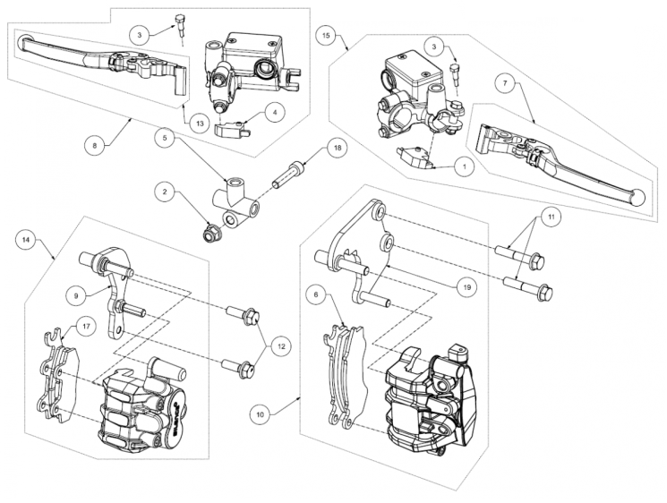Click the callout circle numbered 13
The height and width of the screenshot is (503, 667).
(x=200, y=124)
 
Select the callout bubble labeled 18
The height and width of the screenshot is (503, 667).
(x=338, y=148)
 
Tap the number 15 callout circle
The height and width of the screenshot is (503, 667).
(x=326, y=35)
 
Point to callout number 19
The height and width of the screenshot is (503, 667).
(x=467, y=287)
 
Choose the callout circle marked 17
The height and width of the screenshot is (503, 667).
(x=86, y=327)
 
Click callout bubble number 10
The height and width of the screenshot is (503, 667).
(x=261, y=414)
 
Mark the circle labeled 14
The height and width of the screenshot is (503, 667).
(x=26, y=240)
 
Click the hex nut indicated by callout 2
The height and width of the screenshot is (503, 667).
(x=210, y=232)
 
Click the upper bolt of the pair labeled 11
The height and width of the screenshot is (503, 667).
(x=519, y=257)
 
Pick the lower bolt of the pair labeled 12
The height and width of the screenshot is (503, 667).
(x=239, y=368)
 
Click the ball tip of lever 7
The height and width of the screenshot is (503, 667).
(x=637, y=198)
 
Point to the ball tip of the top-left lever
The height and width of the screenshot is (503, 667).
(x=25, y=42)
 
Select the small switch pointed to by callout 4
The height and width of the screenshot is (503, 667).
(x=231, y=129)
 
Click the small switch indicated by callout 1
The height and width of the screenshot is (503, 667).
(x=415, y=157)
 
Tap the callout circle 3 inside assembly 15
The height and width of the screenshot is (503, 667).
(x=434, y=47)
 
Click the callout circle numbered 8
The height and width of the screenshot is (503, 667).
(x=94, y=145)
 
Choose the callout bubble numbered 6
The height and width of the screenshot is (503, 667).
(x=316, y=296)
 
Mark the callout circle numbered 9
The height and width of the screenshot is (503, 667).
(x=76, y=296)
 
